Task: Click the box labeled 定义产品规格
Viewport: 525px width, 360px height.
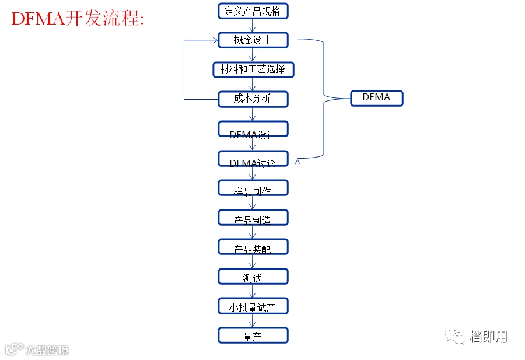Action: (x=253, y=11)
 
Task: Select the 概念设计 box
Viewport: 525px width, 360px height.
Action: (x=253, y=40)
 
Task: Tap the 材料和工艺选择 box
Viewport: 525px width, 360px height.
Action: (x=253, y=69)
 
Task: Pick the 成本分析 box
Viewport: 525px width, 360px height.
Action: (x=253, y=99)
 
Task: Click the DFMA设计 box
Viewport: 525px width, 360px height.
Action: (x=253, y=129)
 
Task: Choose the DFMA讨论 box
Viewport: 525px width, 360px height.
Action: (x=253, y=159)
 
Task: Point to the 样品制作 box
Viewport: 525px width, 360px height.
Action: (x=253, y=188)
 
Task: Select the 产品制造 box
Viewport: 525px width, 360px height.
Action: (x=253, y=218)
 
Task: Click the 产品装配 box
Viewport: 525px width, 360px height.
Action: (x=253, y=247)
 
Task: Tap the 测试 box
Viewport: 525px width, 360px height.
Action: (x=253, y=277)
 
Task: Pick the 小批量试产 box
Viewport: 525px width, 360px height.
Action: (x=253, y=306)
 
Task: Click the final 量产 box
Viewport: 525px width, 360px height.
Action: (x=253, y=335)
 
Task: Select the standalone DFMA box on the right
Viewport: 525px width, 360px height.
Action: (x=376, y=98)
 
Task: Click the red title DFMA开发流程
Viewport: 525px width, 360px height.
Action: (x=78, y=19)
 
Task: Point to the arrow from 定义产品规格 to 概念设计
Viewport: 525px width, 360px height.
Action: (x=253, y=25)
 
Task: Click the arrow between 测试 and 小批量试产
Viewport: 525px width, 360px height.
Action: (x=253, y=291)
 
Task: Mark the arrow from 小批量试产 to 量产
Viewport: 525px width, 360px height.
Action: (x=253, y=321)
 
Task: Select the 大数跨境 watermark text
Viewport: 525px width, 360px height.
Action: (x=46, y=350)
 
